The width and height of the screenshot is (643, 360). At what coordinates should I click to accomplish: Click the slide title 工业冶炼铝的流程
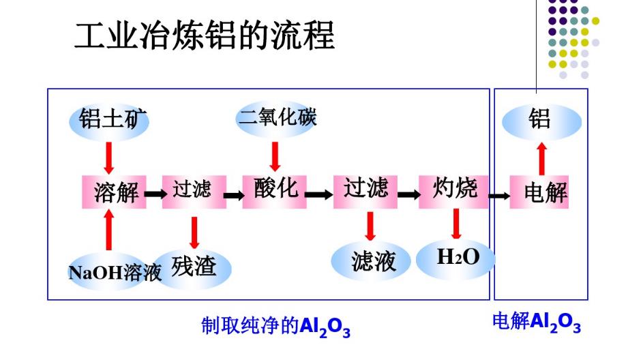pos(204,35)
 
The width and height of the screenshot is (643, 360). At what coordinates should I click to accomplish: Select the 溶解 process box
pos(115,192)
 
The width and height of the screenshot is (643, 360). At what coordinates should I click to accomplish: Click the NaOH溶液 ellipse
pos(110,272)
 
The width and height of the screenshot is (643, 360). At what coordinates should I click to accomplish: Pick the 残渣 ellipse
pos(194,267)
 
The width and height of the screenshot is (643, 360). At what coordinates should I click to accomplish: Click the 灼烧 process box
pos(455,189)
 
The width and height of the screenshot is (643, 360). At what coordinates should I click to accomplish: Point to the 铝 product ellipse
pos(541,121)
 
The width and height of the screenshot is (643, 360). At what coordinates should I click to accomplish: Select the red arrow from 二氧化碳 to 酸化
pos(275,156)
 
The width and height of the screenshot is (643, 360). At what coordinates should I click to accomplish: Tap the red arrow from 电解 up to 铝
pos(541,158)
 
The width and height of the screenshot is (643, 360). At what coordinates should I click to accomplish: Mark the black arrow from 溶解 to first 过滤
pos(154,194)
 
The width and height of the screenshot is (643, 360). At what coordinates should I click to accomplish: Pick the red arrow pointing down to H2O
pos(455,223)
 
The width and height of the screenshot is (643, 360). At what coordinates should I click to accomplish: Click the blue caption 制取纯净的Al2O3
pos(275,327)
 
